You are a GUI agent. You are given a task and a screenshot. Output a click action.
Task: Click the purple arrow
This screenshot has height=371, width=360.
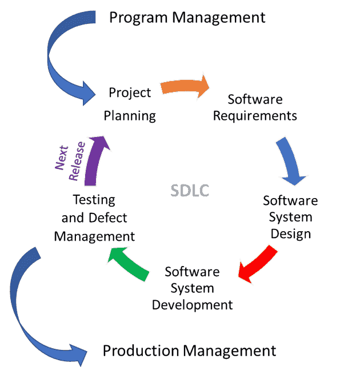[x=96, y=160]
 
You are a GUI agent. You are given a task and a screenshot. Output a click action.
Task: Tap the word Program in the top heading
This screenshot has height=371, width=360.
[x=139, y=18]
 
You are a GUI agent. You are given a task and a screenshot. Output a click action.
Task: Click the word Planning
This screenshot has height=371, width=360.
[x=130, y=115]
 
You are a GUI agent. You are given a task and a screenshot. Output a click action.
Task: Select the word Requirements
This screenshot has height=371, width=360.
[x=255, y=116]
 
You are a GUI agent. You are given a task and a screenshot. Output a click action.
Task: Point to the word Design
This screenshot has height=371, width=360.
[x=291, y=234]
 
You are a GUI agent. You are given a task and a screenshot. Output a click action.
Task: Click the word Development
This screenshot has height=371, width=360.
[x=193, y=305]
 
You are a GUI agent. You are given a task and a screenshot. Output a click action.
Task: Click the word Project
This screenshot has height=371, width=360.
[x=130, y=92]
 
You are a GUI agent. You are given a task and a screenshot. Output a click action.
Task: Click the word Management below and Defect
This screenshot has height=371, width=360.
[x=94, y=236]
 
